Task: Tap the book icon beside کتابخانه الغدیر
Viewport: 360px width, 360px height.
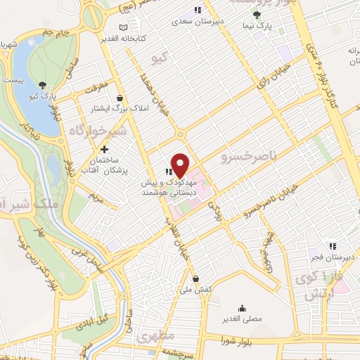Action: (x=124, y=28)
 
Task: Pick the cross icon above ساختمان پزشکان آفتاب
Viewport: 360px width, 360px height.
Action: (x=105, y=148)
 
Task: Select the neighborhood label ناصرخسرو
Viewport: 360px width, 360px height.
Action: (x=245, y=152)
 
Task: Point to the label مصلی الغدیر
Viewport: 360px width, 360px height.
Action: (x=243, y=319)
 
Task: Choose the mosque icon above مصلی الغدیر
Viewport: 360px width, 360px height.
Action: (x=243, y=307)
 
